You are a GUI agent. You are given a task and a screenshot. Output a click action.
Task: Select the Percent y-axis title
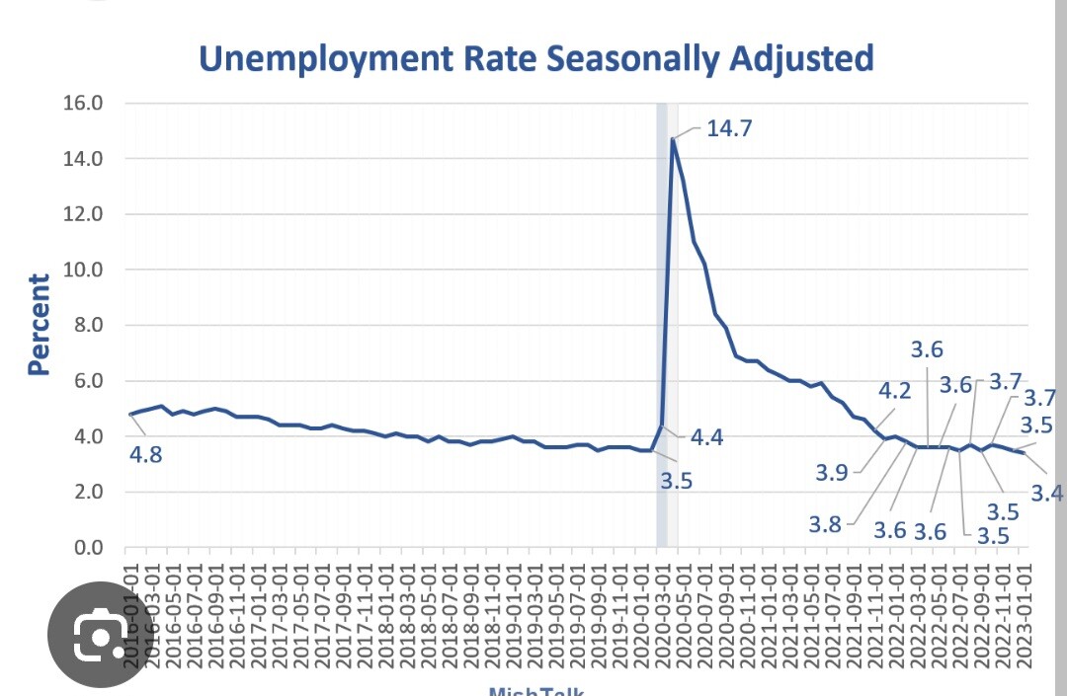click(39, 325)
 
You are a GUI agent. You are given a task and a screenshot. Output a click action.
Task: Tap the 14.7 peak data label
click(729, 128)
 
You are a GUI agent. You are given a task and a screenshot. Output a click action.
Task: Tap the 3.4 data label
click(1047, 492)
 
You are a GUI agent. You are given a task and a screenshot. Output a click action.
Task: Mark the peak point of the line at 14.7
click(673, 138)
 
